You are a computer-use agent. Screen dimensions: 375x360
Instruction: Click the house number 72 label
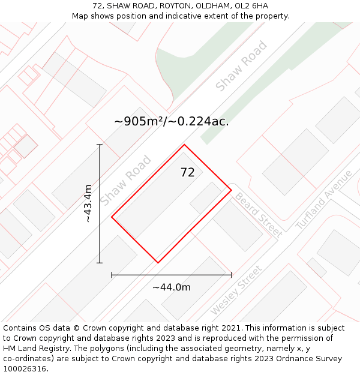[x=187, y=173]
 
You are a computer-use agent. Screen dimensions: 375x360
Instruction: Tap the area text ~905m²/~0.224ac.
[x=172, y=122]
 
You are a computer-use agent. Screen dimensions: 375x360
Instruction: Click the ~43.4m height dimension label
[x=88, y=203]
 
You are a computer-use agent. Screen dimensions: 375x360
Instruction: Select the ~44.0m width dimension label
[x=172, y=287]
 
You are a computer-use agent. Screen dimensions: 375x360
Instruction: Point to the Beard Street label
[x=257, y=215]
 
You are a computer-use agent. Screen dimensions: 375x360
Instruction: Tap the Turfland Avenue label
[x=324, y=200]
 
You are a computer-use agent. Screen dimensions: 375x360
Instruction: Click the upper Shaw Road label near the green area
[x=241, y=67]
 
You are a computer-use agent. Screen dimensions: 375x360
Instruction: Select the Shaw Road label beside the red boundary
[x=125, y=180]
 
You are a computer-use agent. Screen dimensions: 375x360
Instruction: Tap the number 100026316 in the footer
[x=25, y=369]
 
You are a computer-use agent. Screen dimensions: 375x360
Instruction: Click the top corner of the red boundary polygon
[x=184, y=145]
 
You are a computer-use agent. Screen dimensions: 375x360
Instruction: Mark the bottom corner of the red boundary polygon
[x=158, y=263]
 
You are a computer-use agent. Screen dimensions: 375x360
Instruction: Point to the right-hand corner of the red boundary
[x=232, y=190]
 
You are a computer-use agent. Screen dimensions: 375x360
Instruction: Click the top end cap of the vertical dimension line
[x=100, y=145]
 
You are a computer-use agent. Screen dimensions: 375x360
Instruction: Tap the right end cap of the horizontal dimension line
[x=232, y=275]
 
